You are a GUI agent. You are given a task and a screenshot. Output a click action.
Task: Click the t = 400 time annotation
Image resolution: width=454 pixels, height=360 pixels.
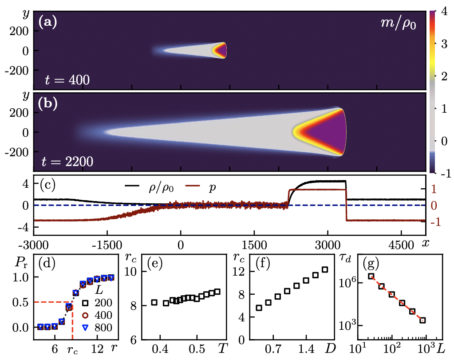click(68, 80)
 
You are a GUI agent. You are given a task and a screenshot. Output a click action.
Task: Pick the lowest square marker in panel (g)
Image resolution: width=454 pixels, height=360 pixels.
click(423, 320)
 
